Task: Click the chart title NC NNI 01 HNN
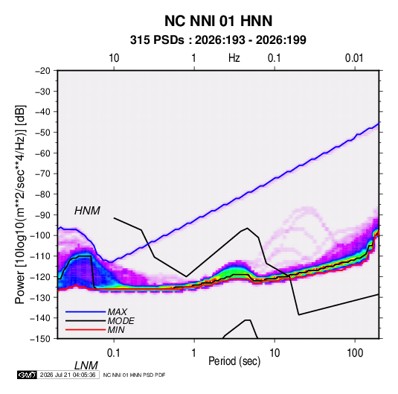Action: (x=218, y=21)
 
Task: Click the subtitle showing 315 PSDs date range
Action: (x=218, y=40)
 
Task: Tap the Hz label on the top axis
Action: (x=234, y=58)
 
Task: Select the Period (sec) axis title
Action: (x=234, y=361)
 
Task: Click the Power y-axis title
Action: (x=20, y=205)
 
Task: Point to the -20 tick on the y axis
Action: (x=42, y=71)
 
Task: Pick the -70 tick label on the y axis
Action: (x=42, y=174)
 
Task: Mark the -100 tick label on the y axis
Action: (x=40, y=235)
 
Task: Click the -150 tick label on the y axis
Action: (x=40, y=339)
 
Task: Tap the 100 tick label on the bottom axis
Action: (x=355, y=353)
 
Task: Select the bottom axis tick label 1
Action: (x=194, y=353)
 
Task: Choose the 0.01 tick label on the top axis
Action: (x=354, y=58)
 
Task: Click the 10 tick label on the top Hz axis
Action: (x=114, y=58)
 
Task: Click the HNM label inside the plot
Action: (x=87, y=211)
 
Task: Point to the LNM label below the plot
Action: (x=86, y=366)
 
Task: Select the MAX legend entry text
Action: (x=118, y=312)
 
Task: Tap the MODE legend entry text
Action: (x=121, y=321)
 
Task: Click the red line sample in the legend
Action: (x=86, y=330)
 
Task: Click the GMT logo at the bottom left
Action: (x=27, y=375)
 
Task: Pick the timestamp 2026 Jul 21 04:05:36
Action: (x=68, y=375)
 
